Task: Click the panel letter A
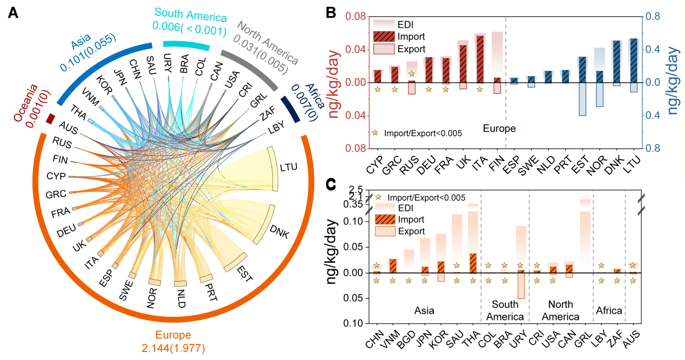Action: click(14, 14)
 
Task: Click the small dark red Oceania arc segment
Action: click(51, 118)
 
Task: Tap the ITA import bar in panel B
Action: click(480, 59)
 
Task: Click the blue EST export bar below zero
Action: click(582, 99)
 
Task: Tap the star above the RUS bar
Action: click(411, 74)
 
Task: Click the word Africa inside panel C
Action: click(609, 310)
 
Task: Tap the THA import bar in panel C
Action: click(473, 263)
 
